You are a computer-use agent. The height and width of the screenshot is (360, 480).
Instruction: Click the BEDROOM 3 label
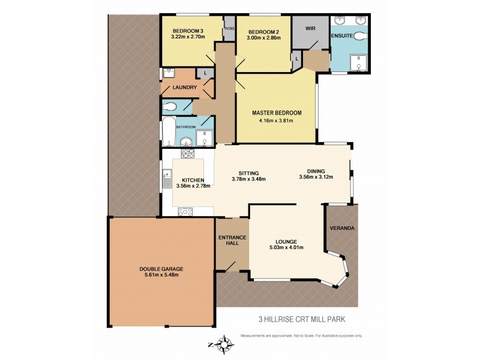[x=188, y=31]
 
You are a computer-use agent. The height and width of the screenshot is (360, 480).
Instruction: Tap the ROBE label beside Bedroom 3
[x=229, y=28]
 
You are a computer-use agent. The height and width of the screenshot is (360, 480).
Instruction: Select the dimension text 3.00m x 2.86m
[x=265, y=38]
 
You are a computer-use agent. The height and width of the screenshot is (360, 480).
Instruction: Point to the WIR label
[x=310, y=28]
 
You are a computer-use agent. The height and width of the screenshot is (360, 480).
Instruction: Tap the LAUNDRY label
[x=185, y=88]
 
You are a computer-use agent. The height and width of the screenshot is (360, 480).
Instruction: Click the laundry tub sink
[x=169, y=73]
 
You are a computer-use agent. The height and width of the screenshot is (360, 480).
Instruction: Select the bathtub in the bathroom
[x=169, y=133]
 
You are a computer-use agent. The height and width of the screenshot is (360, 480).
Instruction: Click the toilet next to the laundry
[x=170, y=107]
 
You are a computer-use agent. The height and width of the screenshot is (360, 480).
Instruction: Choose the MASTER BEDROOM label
[x=277, y=113]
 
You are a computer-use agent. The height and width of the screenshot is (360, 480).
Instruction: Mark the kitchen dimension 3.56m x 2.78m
[x=193, y=187]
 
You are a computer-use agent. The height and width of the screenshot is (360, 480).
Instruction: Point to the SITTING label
[x=248, y=171]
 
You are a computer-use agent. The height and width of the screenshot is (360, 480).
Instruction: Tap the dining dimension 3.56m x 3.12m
[x=316, y=177]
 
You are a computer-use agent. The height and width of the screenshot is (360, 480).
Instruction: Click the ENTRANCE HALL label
[x=232, y=241]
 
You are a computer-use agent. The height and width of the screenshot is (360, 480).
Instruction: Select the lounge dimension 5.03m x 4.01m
[x=286, y=247]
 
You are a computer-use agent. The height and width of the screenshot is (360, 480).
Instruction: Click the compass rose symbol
[x=224, y=344]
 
